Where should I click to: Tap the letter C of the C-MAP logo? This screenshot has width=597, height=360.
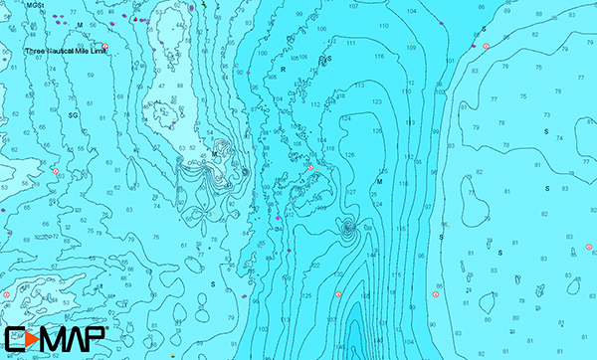pos(12,339)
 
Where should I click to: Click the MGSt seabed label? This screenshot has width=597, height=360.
pos(36,5)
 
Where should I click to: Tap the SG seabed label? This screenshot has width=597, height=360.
pos(73,115)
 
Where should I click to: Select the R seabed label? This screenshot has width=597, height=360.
pos(283,71)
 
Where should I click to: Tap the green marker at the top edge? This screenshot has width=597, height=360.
pos(202,5)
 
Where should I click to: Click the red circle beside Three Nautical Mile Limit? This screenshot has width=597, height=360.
pos(105,46)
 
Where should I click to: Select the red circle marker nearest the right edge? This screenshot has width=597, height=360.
pos(587,243)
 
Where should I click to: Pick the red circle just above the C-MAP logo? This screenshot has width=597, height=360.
pos(6,294)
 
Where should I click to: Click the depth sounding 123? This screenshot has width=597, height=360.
pos(377,101)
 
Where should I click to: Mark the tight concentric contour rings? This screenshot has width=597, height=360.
pos(348,230)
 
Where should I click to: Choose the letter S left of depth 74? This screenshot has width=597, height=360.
pos(545,131)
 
